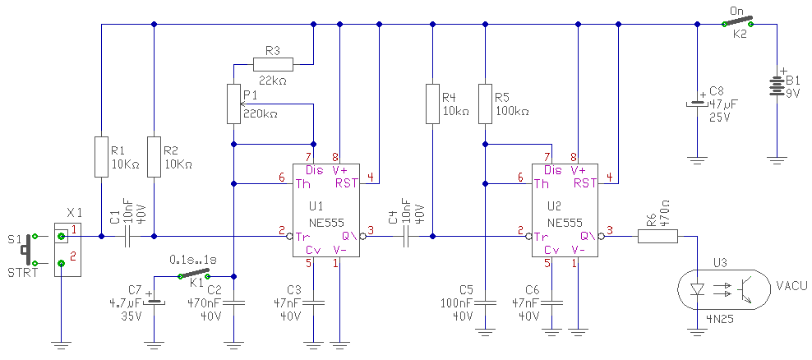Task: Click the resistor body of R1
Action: click(102, 156)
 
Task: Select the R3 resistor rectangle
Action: click(273, 64)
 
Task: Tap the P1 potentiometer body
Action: click(234, 104)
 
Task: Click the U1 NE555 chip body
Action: click(327, 210)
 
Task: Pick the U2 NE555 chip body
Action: click(566, 210)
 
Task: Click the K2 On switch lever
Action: click(737, 21)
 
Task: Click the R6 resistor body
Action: click(657, 237)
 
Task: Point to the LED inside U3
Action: click(698, 288)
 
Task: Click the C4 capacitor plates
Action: click(407, 237)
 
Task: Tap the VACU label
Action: click(789, 285)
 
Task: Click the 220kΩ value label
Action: click(260, 114)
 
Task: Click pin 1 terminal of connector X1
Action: click(61, 237)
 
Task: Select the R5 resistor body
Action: click(485, 104)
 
